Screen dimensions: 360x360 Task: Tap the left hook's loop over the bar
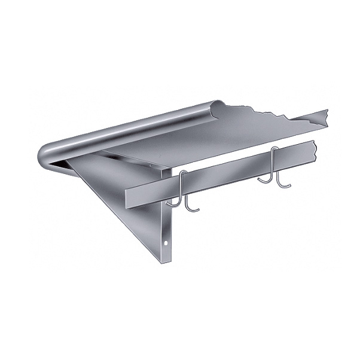[182, 175]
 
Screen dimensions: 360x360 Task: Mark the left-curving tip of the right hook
[261, 179]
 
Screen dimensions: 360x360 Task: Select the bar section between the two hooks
[227, 173]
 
